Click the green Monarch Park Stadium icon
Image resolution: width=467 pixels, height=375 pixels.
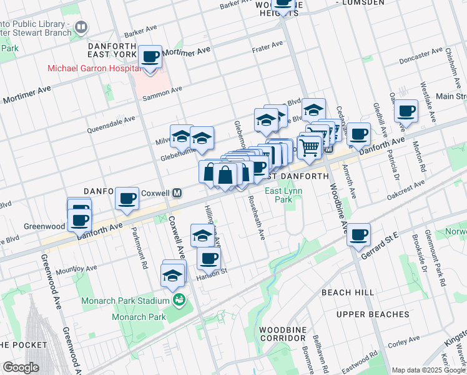[180, 301]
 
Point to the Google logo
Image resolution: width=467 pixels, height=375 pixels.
[21, 367]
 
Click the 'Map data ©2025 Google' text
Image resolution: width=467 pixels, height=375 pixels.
[428, 370]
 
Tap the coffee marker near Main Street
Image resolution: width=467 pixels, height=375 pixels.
[406, 111]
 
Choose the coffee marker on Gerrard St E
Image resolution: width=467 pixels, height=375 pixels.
[359, 235]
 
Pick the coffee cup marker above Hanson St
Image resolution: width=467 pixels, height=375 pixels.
[209, 258]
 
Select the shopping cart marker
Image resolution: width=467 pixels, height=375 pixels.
[309, 147]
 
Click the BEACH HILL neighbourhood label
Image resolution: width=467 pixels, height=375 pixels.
[348, 292]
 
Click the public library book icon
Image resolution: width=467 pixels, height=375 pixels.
[81, 27]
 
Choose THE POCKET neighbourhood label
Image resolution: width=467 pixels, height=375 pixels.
[23, 344]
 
